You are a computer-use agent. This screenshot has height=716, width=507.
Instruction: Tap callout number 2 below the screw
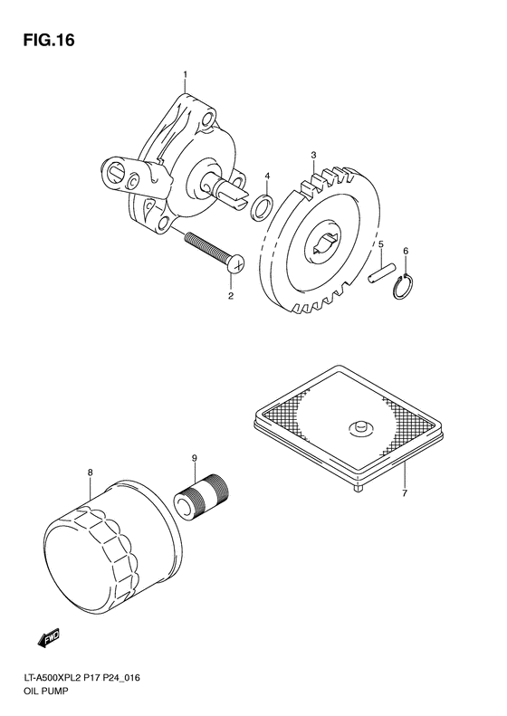point(230,296)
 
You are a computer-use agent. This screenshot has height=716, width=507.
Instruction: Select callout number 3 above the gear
point(313,156)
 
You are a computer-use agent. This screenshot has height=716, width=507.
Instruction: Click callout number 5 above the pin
point(381,245)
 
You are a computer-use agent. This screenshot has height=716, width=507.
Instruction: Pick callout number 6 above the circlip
point(407,251)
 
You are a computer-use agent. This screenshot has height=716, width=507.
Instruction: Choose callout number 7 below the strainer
point(405,493)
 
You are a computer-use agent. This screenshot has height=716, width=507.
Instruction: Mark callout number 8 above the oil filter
point(90,472)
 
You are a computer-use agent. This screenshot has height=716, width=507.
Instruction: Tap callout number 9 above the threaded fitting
point(194,460)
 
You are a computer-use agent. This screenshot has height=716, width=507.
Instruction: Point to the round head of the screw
point(238,264)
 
